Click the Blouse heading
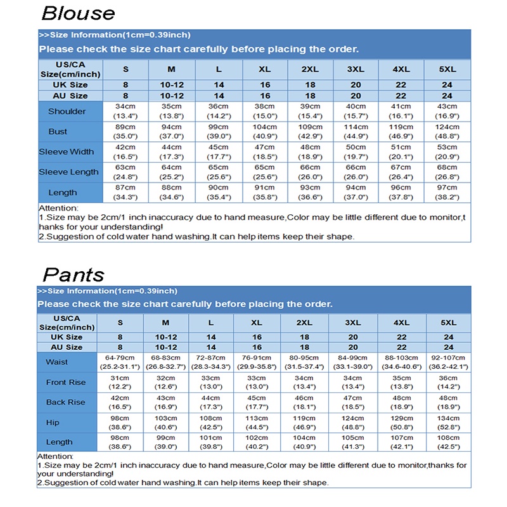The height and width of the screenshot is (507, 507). coord(79,13)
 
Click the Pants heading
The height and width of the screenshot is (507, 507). coord(73,274)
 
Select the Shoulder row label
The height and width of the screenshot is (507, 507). coord(67,112)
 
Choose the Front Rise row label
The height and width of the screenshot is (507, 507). coord(65,382)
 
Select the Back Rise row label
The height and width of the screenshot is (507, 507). coord(65,402)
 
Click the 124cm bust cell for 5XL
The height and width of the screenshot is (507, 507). coord(447,132)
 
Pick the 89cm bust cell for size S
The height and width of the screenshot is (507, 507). coord(125,132)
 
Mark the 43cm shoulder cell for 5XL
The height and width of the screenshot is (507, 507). coord(447,112)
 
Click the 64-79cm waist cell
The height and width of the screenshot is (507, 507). coord(120,362)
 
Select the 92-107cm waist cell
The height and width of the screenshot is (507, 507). coord(449,362)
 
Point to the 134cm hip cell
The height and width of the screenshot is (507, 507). coord(449,422)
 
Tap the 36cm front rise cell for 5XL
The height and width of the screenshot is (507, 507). coord(449,382)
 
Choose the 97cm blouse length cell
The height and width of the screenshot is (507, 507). coord(447,193)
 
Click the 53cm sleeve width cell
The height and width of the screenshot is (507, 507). coord(447,152)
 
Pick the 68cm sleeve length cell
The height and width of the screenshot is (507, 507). coord(447,172)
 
